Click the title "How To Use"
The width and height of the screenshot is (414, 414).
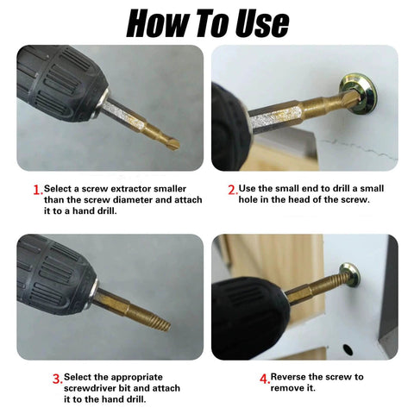[x=207, y=22]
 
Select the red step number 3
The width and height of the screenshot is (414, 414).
[x=57, y=378]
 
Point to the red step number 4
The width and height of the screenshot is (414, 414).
[x=264, y=378]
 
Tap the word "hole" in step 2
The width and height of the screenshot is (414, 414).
[x=255, y=200]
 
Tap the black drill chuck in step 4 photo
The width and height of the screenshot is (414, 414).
[x=246, y=315]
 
